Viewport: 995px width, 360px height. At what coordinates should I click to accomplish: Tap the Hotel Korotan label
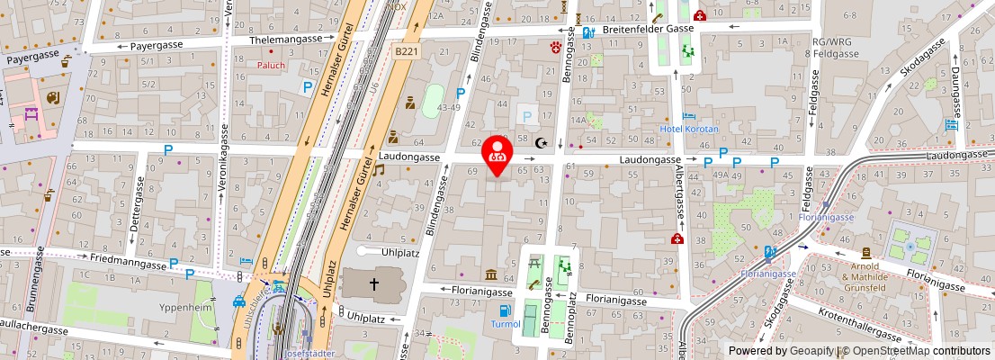coord(689,130)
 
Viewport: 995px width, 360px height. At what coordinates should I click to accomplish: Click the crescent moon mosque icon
coord(541,142)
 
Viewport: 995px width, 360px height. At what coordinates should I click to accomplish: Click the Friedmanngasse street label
coord(129,265)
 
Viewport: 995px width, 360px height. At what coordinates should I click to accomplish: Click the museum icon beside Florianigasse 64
coord(492,274)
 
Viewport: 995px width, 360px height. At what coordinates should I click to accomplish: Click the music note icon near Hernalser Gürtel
coord(379,169)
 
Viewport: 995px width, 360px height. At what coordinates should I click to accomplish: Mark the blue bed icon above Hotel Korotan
coord(689,116)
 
